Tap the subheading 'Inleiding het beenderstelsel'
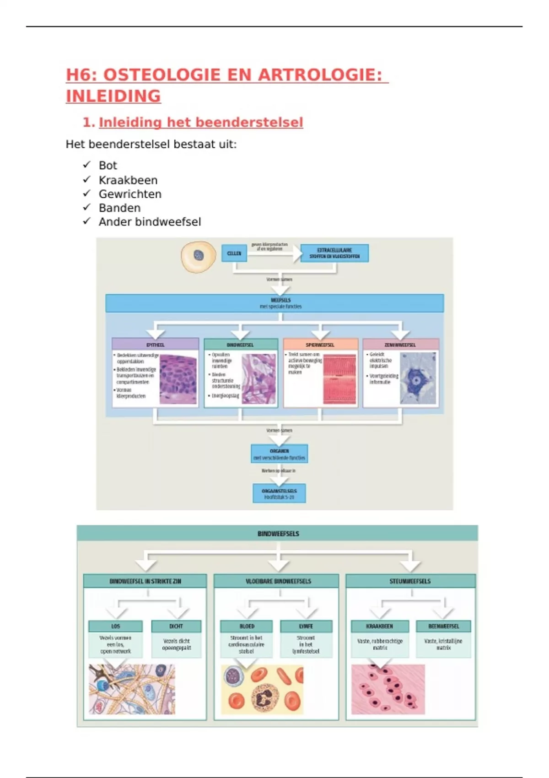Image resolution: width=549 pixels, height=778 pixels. [x=201, y=123]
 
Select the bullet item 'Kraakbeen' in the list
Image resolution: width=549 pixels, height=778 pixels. [x=128, y=180]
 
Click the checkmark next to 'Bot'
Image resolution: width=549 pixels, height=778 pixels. [x=86, y=165]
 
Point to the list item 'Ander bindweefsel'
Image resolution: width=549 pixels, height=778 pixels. [x=150, y=222]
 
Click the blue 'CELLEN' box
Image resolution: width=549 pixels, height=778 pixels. [x=234, y=253]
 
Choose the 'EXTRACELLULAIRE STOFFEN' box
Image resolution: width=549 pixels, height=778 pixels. [x=334, y=253]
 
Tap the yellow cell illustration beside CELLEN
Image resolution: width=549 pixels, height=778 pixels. [x=198, y=256]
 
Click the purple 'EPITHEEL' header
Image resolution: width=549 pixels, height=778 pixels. [x=155, y=345]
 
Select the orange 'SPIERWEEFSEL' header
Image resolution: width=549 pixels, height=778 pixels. [x=320, y=345]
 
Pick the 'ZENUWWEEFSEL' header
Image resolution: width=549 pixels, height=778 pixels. [x=400, y=345]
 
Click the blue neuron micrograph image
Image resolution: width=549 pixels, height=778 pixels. [x=418, y=378]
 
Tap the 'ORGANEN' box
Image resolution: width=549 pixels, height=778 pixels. [x=279, y=454]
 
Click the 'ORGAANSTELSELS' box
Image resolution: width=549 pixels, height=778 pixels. [x=279, y=493]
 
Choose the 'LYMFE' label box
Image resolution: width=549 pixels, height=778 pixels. [x=306, y=626]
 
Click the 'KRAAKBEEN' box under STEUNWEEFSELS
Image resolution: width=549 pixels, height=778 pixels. [x=379, y=626]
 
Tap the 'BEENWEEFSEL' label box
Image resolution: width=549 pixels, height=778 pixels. [x=443, y=626]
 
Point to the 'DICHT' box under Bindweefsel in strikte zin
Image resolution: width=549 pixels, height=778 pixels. [x=176, y=626]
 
